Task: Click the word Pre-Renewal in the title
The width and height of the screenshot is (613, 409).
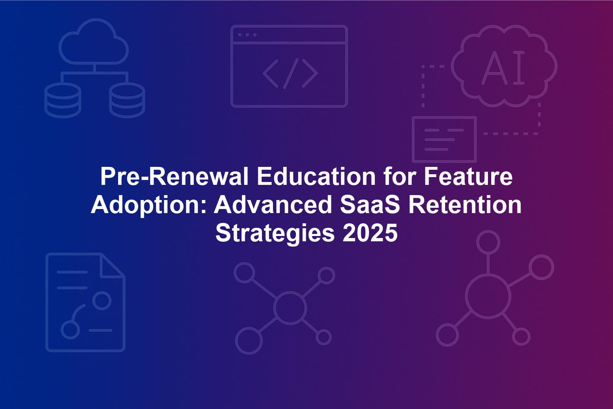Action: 175,177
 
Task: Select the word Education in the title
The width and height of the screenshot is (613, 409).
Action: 316,177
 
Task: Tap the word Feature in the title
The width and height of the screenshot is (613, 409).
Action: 468,177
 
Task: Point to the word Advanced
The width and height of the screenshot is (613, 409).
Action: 273,205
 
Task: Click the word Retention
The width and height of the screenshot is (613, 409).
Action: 465,205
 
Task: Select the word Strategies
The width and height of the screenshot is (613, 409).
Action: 275,234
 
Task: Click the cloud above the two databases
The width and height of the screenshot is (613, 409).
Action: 94,42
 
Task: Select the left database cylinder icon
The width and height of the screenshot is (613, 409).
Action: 63,100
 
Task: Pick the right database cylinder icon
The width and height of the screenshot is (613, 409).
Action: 127,100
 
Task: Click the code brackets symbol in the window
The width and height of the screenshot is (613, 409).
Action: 290,73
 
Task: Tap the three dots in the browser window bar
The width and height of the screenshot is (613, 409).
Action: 247,35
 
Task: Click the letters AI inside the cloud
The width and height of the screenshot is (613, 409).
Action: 503,67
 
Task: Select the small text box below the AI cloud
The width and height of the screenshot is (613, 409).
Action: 445,139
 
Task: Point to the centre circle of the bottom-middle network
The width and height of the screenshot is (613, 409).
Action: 290,308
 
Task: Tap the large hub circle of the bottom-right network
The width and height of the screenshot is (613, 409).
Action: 488,297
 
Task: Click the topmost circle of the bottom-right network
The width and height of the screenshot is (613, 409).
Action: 488,242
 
